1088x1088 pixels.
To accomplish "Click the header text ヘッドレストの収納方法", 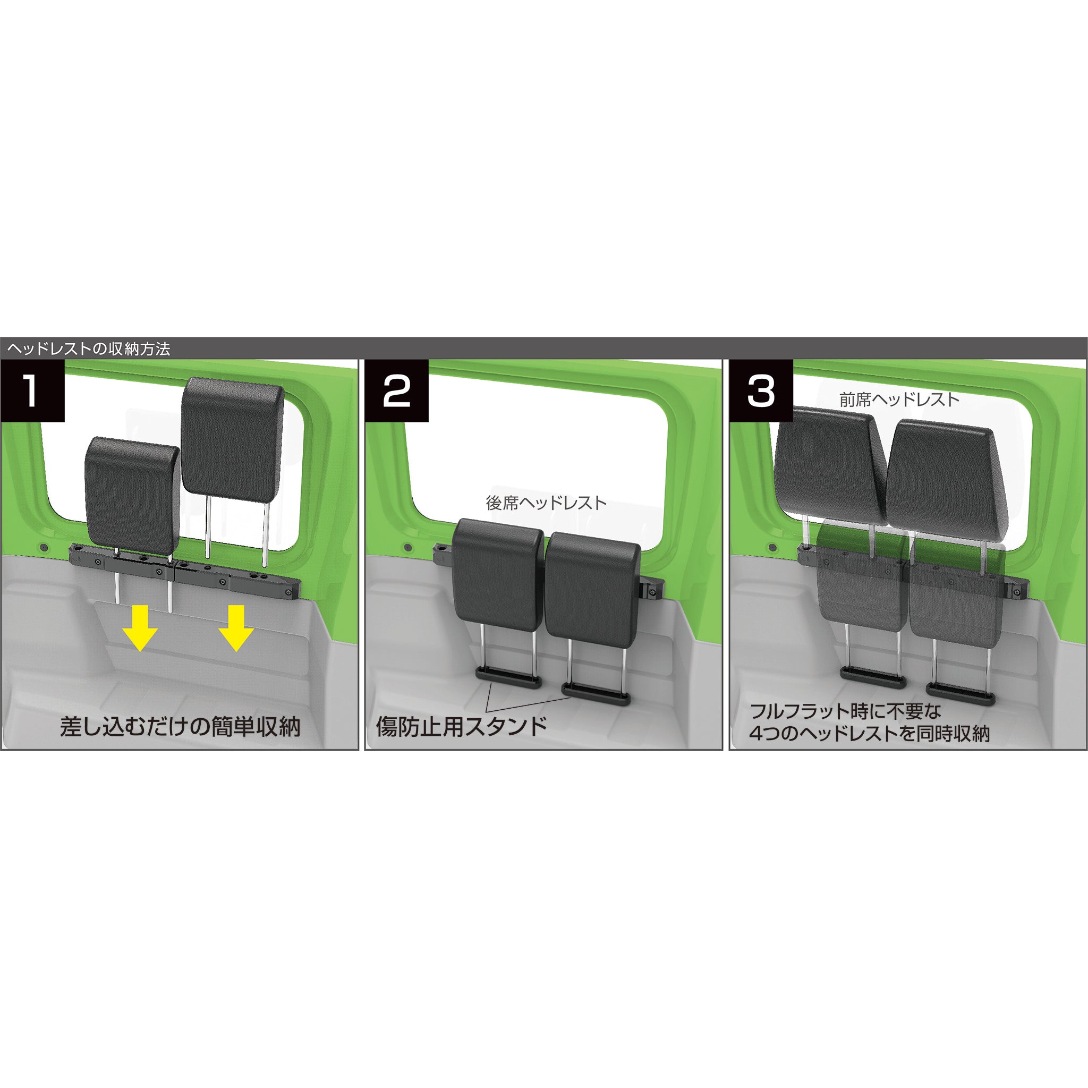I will pyautogui.click(x=88, y=348).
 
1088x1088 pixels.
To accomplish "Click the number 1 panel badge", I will pyautogui.click(x=32, y=392).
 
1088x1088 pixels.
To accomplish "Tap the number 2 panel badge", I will pyautogui.click(x=396, y=392).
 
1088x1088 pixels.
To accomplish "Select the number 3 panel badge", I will pyautogui.click(x=761, y=392).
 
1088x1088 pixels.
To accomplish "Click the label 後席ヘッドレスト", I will pyautogui.click(x=546, y=503).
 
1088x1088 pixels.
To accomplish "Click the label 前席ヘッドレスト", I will pyautogui.click(x=899, y=400).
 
